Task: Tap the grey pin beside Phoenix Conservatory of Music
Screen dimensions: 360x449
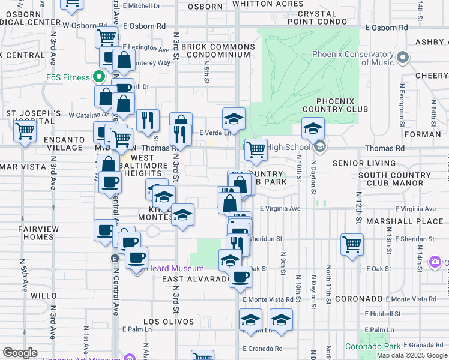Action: (x=402, y=58)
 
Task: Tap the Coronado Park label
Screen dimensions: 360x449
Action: (x=372, y=346)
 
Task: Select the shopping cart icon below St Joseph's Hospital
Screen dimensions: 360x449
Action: (x=25, y=130)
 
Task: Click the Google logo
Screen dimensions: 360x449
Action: (x=20, y=352)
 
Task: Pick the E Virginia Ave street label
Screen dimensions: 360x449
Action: (x=280, y=208)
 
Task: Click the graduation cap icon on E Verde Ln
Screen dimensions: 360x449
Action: (x=234, y=117)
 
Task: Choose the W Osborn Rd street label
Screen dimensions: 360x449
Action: (x=88, y=26)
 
